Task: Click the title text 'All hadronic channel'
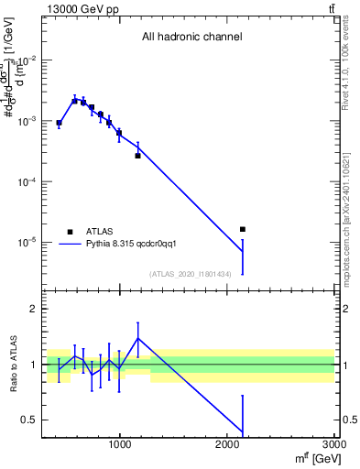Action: click(191, 38)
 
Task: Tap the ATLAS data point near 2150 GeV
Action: click(243, 229)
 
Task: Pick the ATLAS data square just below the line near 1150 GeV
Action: click(137, 156)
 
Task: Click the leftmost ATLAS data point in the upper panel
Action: click(59, 123)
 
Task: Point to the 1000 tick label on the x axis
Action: click(120, 444)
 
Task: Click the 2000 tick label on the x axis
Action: click(228, 444)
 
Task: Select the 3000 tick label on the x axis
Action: click(334, 444)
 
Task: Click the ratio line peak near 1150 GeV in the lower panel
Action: click(137, 338)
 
